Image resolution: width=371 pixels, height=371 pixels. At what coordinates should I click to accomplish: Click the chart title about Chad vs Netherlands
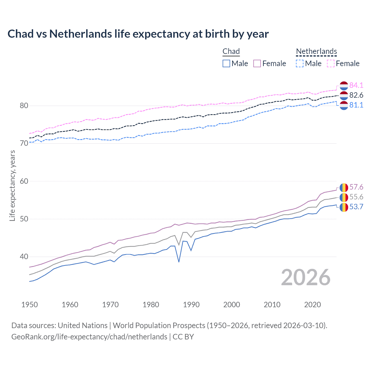[138, 34]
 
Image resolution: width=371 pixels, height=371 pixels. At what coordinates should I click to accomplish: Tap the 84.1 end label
[356, 85]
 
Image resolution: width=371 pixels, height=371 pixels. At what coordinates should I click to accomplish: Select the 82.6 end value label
[356, 95]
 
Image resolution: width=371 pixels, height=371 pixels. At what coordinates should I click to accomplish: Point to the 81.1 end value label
[356, 105]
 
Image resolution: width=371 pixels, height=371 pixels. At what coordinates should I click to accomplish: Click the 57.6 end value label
[356, 187]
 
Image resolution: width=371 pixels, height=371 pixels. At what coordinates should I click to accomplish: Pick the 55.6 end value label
[356, 197]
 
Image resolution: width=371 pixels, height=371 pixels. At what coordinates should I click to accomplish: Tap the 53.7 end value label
[356, 207]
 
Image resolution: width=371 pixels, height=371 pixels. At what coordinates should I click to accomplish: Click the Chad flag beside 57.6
[344, 188]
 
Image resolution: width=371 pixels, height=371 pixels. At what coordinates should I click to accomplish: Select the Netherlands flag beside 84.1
[344, 86]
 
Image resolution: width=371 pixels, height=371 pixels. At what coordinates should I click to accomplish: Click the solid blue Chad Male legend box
[226, 63]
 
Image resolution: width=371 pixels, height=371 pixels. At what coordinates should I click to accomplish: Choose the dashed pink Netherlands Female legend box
[331, 63]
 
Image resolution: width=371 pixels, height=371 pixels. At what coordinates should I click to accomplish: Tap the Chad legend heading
[231, 51]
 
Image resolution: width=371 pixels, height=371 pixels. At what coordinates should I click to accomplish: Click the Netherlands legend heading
[316, 51]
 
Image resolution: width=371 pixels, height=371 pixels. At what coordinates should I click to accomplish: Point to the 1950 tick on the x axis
[30, 305]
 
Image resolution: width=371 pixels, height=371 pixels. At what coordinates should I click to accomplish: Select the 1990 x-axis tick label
[191, 305]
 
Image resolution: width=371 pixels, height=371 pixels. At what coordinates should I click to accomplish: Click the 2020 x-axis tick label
[312, 305]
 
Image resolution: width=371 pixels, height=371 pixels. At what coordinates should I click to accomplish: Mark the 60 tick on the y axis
[24, 181]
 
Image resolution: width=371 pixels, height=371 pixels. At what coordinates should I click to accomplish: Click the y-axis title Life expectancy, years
[12, 185]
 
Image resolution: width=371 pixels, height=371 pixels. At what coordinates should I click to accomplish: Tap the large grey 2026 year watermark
[305, 277]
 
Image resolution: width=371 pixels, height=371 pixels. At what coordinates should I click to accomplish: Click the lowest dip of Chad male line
[179, 262]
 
